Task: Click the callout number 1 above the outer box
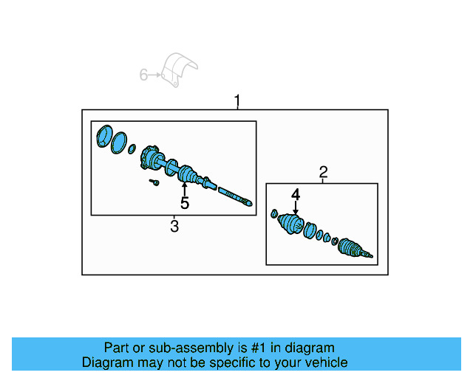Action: click(237, 100)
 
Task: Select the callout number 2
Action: click(323, 173)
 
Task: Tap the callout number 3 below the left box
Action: click(174, 226)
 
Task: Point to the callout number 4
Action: click(296, 194)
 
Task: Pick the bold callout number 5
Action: click(185, 203)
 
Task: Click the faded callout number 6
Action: click(144, 74)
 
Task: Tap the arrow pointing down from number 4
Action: click(296, 207)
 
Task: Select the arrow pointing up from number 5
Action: click(185, 188)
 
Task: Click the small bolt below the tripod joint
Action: click(154, 182)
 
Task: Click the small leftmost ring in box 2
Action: click(273, 215)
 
